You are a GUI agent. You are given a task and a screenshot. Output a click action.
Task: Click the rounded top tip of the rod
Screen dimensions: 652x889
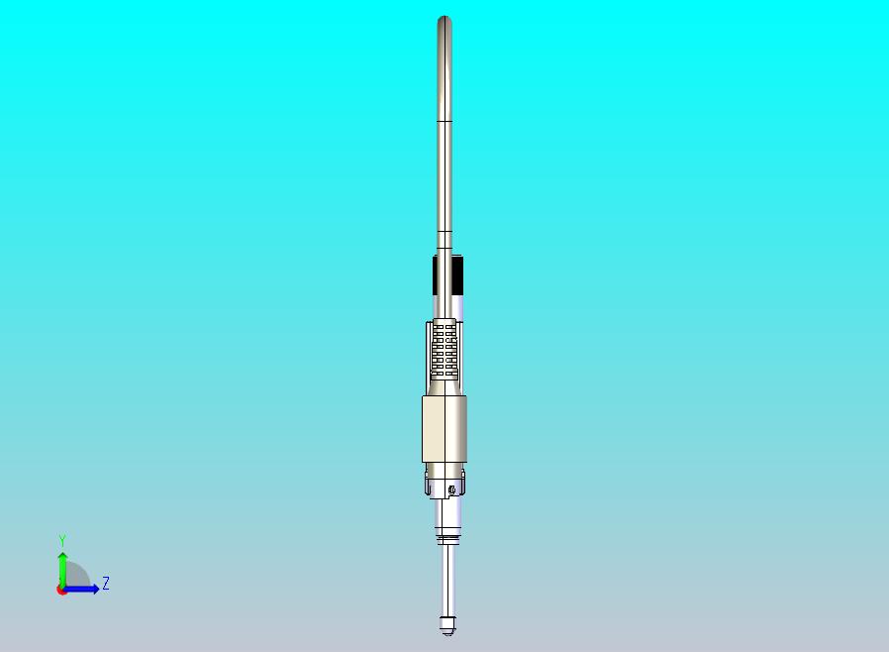444,21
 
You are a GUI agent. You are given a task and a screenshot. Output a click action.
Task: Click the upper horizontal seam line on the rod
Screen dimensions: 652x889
444,121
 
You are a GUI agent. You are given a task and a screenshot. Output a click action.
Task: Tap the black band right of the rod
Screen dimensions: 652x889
459,273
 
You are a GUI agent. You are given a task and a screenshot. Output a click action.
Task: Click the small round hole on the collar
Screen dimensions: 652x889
451,489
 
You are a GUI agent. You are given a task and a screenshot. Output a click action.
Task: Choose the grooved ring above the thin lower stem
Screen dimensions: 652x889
447,538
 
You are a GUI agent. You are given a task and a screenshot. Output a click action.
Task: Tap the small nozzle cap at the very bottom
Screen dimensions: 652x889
447,625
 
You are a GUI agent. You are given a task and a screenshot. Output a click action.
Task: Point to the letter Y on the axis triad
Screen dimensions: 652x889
62,540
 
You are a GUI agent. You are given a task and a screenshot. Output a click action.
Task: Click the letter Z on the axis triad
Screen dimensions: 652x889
106,584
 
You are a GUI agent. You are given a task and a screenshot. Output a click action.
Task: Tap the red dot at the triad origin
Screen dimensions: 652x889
61,590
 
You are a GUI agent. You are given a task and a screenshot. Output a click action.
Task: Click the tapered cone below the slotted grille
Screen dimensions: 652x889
444,387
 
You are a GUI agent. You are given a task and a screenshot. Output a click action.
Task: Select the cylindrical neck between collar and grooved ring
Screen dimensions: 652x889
446,513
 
